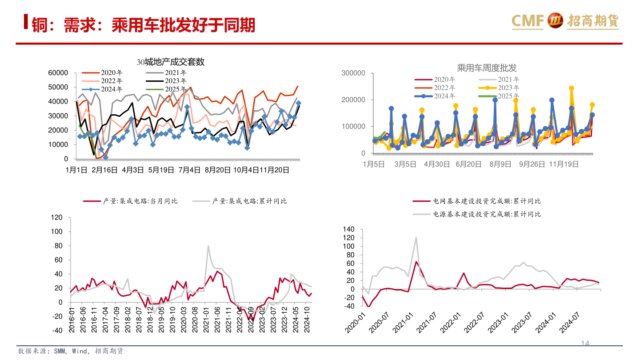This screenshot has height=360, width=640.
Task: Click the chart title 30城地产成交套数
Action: click(x=170, y=62)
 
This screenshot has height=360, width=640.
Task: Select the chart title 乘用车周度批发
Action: click(x=487, y=68)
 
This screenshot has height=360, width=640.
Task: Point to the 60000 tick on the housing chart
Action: click(x=58, y=73)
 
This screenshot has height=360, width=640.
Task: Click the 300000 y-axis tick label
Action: click(x=353, y=73)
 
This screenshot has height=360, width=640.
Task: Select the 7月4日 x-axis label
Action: click(x=189, y=170)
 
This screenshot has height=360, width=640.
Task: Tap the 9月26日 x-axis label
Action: click(x=532, y=164)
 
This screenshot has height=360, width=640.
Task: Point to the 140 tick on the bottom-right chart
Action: click(x=348, y=229)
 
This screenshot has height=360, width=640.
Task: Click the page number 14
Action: click(x=585, y=344)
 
